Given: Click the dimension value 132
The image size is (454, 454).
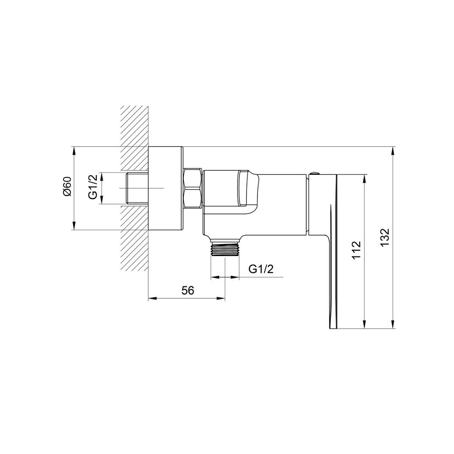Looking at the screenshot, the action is pos(385,237).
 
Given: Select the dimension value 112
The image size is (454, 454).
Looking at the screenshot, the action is pos(357,250).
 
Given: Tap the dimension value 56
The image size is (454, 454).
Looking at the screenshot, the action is pos(188,290).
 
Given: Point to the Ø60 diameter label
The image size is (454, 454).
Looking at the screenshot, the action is pos(67,187).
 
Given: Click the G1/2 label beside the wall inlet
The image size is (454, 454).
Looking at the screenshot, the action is pos(93,188).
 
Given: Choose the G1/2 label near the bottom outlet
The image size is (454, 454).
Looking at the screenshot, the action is pos(261,269).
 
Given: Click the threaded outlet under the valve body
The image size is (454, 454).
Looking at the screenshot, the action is pos(225,248).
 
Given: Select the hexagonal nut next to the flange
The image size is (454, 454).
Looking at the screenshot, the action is pos(192,188).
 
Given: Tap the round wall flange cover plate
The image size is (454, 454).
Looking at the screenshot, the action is pos(166,188).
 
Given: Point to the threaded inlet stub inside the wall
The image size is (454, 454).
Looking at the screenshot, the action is pos(138,188).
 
